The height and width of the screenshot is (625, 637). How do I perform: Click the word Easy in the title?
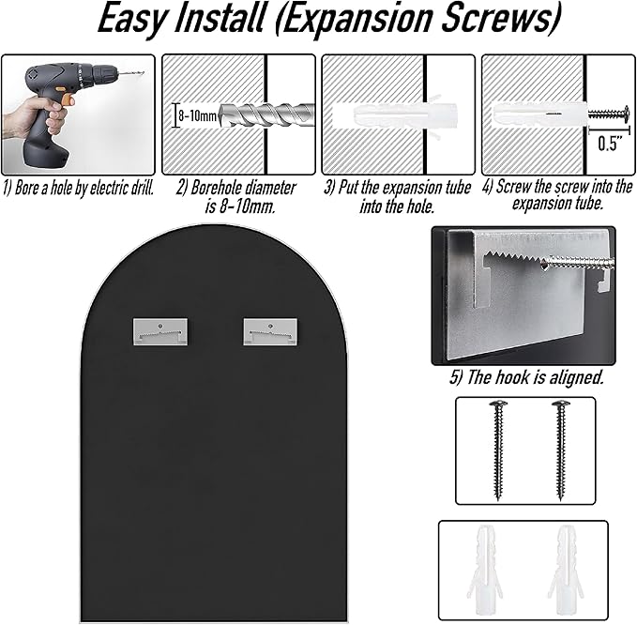point(132,19)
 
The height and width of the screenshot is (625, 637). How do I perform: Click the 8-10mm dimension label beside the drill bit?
point(197,115)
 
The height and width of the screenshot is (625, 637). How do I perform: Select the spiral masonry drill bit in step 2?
point(266,115)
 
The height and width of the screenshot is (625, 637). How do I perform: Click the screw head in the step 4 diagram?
point(625,114)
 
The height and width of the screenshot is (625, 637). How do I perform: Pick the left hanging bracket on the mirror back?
point(160,331)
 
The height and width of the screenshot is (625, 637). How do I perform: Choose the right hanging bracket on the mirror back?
point(270,331)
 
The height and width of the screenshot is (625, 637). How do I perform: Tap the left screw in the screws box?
point(498,450)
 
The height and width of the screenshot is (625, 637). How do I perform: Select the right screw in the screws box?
point(561,450)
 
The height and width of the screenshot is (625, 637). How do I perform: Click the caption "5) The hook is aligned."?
point(526,377)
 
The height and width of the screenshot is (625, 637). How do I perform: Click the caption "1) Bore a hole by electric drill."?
point(79,188)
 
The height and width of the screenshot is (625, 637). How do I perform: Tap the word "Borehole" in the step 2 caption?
point(217,188)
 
